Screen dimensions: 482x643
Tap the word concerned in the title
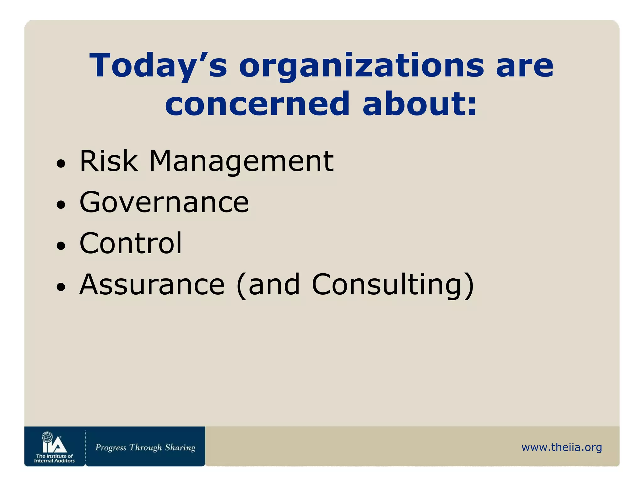pyautogui.click(x=257, y=104)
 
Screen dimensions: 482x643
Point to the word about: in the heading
pyautogui.click(x=419, y=104)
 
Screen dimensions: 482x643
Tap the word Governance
pyautogui.click(x=164, y=202)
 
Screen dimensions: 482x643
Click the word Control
pyautogui.click(x=131, y=243)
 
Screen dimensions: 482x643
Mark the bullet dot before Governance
pyautogui.click(x=61, y=205)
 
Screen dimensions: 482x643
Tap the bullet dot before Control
pyautogui.click(x=61, y=246)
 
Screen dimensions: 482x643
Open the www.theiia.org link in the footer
pyautogui.click(x=561, y=447)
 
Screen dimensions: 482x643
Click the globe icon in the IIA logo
pyautogui.click(x=47, y=437)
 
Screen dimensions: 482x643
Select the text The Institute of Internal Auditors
pyautogui.click(x=54, y=458)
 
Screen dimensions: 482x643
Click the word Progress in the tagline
pyautogui.click(x=111, y=447)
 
